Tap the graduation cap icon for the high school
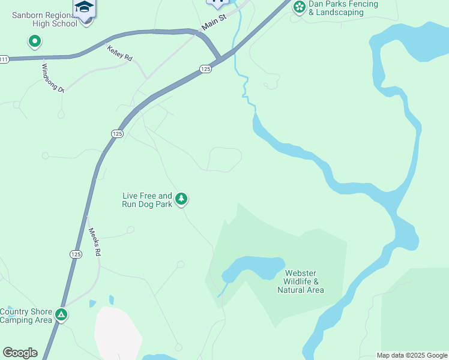(85, 7)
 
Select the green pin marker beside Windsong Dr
(35, 41)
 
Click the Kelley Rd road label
(119, 52)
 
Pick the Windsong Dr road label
(52, 77)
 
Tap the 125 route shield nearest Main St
(205, 69)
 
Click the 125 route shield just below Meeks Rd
(75, 254)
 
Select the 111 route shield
(4, 59)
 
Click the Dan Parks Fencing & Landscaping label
(343, 8)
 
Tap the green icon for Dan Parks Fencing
(299, 7)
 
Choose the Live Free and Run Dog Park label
(147, 200)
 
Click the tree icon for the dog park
(181, 199)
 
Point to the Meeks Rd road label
(94, 242)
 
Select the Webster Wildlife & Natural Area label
(301, 281)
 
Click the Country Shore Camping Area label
(26, 316)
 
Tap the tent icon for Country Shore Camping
(61, 314)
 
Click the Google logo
(20, 353)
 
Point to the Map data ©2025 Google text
(412, 355)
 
